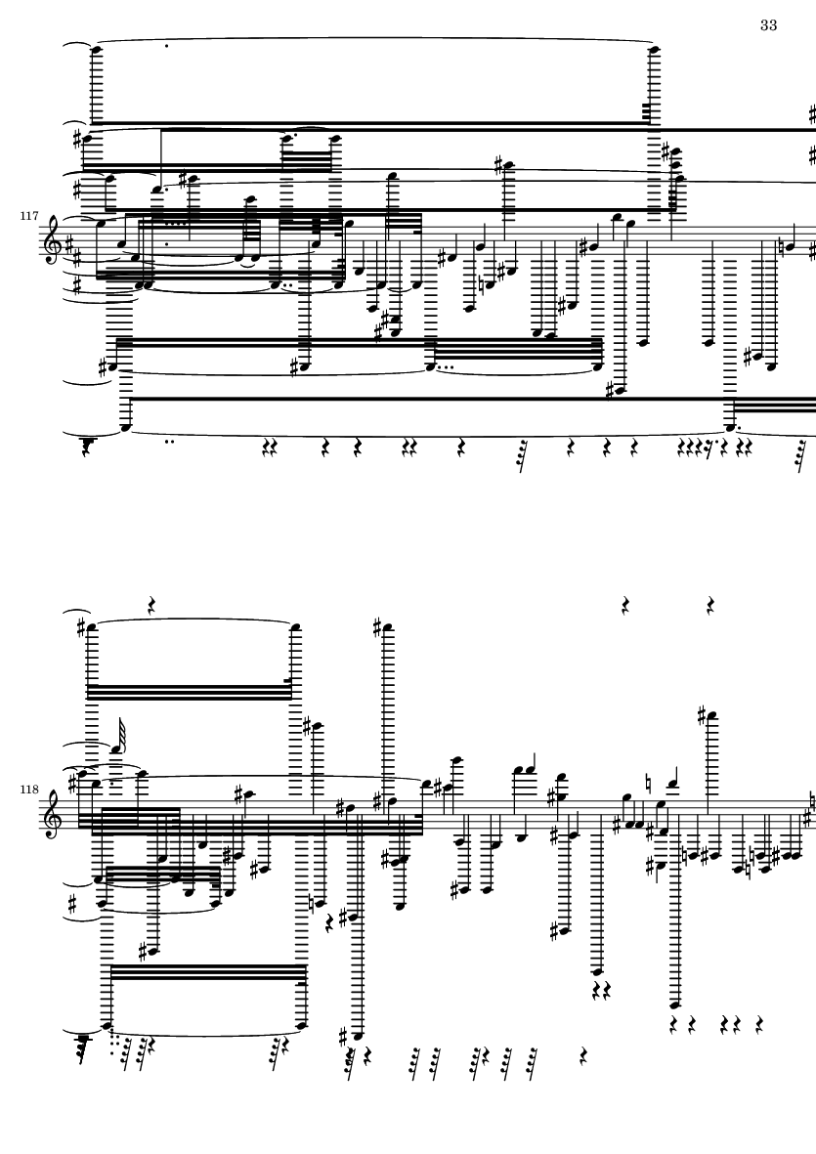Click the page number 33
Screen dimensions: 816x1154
click(x=768, y=25)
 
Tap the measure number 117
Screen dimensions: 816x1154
click(x=29, y=216)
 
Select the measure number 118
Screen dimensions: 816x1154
click(x=29, y=789)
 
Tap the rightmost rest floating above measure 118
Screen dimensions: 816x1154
click(x=711, y=606)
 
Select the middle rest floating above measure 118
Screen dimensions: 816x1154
click(x=626, y=606)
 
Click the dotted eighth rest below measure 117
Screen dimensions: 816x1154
click(x=708, y=446)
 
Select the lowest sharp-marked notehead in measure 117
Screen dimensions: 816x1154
click(x=615, y=390)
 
